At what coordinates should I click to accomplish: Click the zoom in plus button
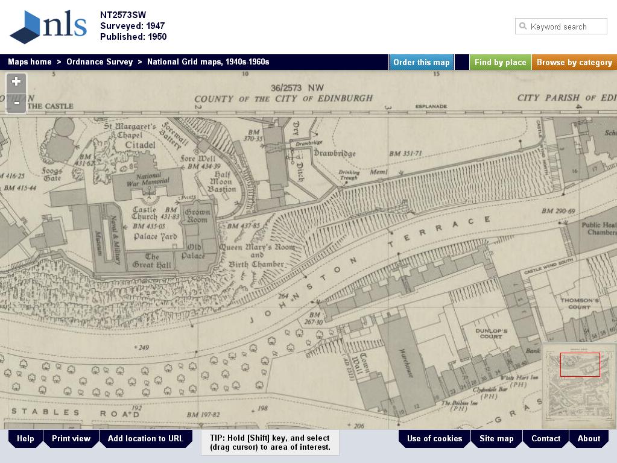point(16,82)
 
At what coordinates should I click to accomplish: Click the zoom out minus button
point(16,102)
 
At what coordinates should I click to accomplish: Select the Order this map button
point(421,62)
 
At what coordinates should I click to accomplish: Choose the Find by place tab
point(500,62)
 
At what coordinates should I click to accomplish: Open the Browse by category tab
point(574,62)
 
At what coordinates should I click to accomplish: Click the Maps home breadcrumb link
point(30,62)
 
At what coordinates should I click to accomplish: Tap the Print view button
point(71,438)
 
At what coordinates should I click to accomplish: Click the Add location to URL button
point(145,438)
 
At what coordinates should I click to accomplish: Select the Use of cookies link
point(434,438)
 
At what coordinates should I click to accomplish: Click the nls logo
point(48,27)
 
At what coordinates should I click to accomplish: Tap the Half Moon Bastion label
point(222,181)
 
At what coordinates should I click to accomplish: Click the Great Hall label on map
point(152,260)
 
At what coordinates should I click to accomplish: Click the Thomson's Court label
point(580,303)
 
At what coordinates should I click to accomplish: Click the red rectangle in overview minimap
point(580,365)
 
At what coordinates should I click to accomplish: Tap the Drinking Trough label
point(349,174)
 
